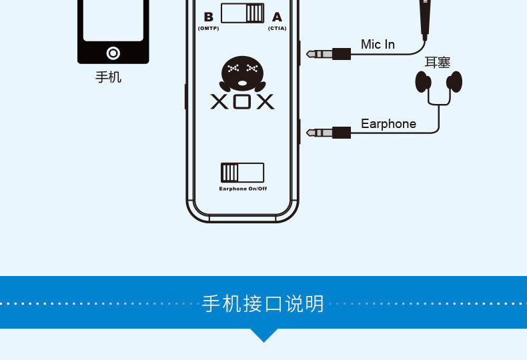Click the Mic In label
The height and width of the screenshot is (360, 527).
click(x=378, y=45)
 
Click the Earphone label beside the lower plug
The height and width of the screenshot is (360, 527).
click(x=388, y=124)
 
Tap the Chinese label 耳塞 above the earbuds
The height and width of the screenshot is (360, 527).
click(x=438, y=63)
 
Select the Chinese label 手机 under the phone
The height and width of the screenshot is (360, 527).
click(x=109, y=77)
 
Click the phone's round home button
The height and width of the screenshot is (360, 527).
click(x=113, y=53)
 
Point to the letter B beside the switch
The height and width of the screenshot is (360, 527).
click(x=208, y=17)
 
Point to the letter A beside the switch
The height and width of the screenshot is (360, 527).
click(x=277, y=17)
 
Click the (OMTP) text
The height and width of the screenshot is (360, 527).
click(x=208, y=29)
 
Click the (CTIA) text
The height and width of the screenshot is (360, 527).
click(x=278, y=29)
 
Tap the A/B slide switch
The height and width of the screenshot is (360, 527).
click(x=242, y=13)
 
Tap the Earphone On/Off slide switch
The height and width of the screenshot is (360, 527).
click(x=242, y=173)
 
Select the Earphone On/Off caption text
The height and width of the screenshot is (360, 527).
click(x=243, y=189)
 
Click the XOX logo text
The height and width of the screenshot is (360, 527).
click(x=242, y=101)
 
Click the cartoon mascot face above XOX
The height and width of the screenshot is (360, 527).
click(x=241, y=74)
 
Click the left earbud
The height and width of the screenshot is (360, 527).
click(x=424, y=81)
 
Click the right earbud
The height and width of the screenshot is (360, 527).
click(x=455, y=81)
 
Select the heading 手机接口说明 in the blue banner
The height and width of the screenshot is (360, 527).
click(x=263, y=303)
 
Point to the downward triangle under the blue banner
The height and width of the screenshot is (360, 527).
click(x=264, y=335)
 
